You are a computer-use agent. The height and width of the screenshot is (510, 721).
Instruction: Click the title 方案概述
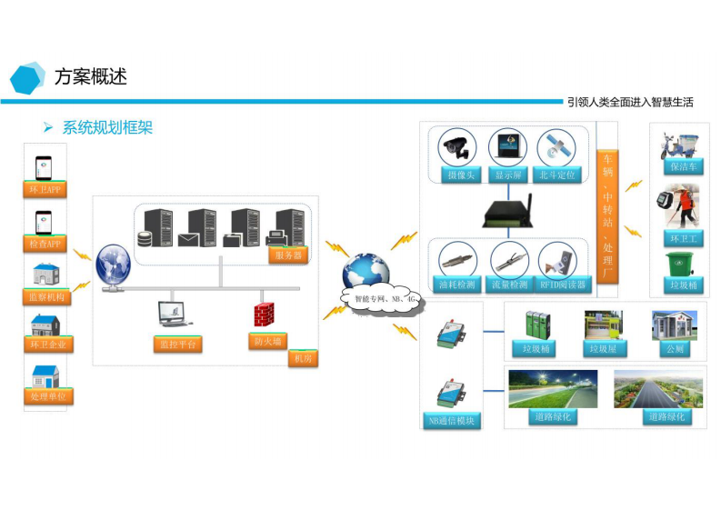click(90, 76)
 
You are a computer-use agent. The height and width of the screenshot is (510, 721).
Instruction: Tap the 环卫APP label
click(45, 190)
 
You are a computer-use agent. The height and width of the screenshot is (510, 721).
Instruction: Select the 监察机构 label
click(45, 296)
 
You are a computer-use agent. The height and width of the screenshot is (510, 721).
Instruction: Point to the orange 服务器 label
click(286, 255)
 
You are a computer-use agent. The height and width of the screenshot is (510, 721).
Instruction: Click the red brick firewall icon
click(265, 314)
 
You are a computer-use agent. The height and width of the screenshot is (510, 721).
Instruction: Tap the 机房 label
click(302, 359)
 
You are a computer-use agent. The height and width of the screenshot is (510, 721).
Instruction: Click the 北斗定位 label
click(557, 175)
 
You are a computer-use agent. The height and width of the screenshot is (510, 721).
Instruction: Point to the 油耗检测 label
click(457, 285)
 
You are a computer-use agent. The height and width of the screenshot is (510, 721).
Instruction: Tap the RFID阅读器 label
click(563, 285)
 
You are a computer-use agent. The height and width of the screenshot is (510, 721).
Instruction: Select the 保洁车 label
click(681, 167)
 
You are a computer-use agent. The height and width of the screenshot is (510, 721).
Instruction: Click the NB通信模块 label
click(452, 421)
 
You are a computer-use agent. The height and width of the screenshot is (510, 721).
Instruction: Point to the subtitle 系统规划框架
click(106, 127)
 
